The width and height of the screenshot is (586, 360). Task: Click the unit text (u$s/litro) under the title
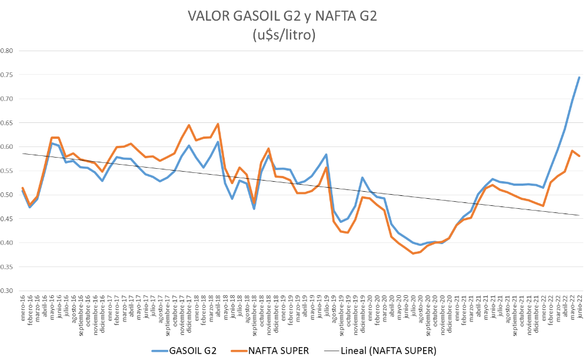click(284, 35)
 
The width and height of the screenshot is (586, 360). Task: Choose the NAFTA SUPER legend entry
click(276, 351)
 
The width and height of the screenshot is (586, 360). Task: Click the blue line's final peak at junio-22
click(580, 77)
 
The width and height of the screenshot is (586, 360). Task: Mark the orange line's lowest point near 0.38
click(413, 254)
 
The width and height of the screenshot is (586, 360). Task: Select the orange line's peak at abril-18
click(218, 124)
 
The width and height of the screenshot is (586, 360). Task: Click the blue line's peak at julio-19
click(327, 155)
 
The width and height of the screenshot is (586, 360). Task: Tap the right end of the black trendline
click(580, 215)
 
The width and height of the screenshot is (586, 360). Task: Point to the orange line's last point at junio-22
click(580, 156)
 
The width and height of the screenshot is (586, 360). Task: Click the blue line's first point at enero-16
click(22, 191)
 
